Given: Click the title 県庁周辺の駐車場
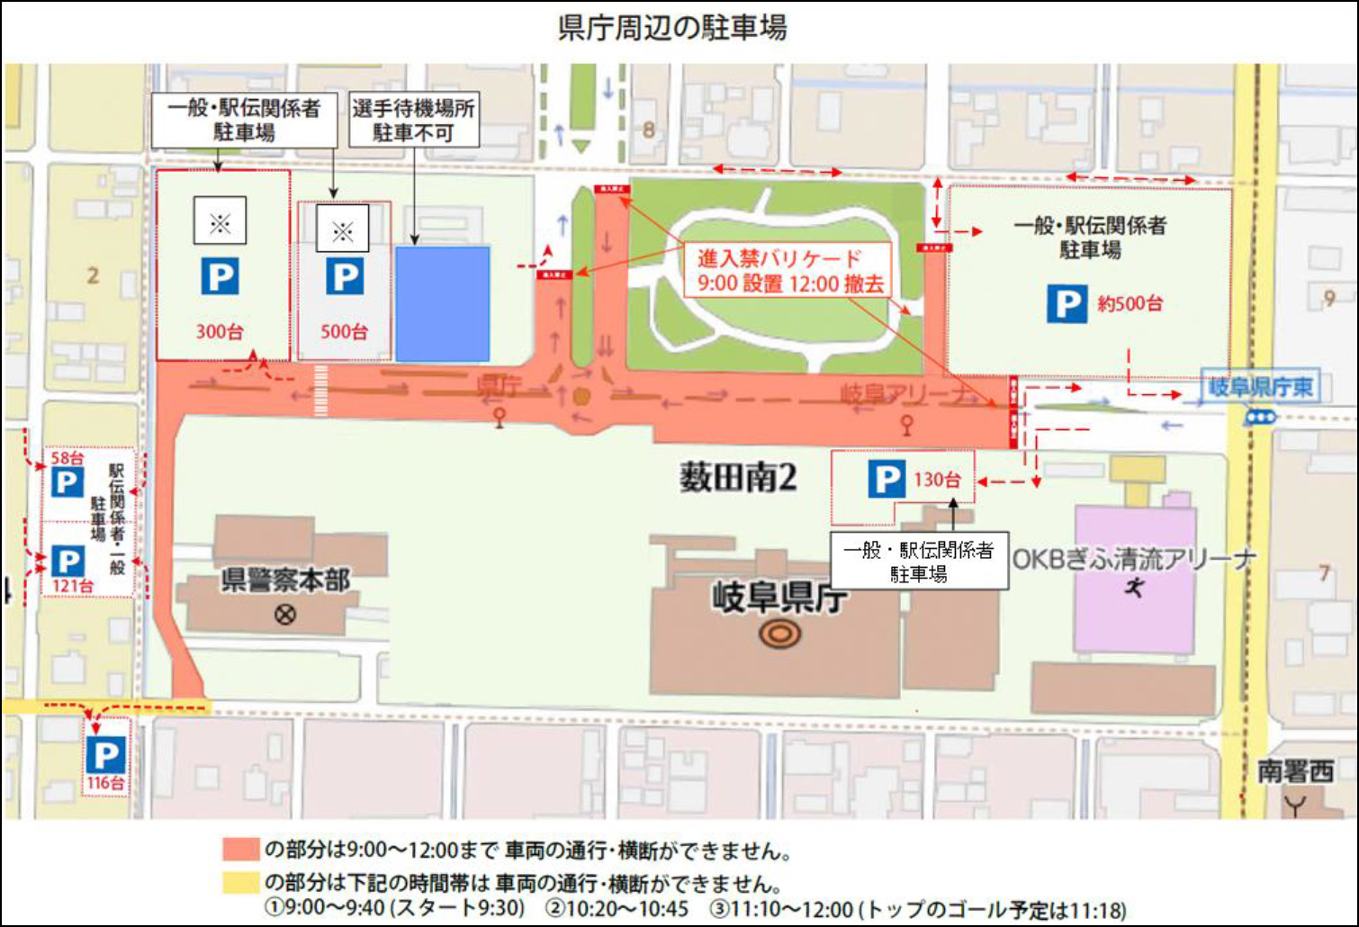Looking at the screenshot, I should point(672,28).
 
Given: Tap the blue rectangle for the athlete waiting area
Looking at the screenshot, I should point(443,304).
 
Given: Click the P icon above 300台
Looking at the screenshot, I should point(220,276).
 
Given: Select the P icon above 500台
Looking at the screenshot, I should point(344,276).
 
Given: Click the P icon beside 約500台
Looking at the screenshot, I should point(1066,303).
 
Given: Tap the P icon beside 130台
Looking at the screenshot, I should point(886,479).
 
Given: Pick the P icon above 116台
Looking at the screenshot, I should point(105,754).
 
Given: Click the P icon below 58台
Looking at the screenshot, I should point(67,482).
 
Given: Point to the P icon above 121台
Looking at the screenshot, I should point(67,562).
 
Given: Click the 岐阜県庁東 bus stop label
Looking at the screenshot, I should point(1260,388).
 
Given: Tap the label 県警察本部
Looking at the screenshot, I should point(285,580).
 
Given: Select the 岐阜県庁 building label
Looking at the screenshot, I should point(779,597).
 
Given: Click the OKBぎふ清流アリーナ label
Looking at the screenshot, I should point(1134,559).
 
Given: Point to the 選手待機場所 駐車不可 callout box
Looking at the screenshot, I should point(413,121).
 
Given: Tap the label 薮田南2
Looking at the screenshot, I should point(738,478).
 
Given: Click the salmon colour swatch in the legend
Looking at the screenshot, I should point(240,850).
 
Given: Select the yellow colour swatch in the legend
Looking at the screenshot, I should point(240,882).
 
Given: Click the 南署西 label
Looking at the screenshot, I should point(1295,771).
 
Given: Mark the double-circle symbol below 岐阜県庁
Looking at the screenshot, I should point(779,634).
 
